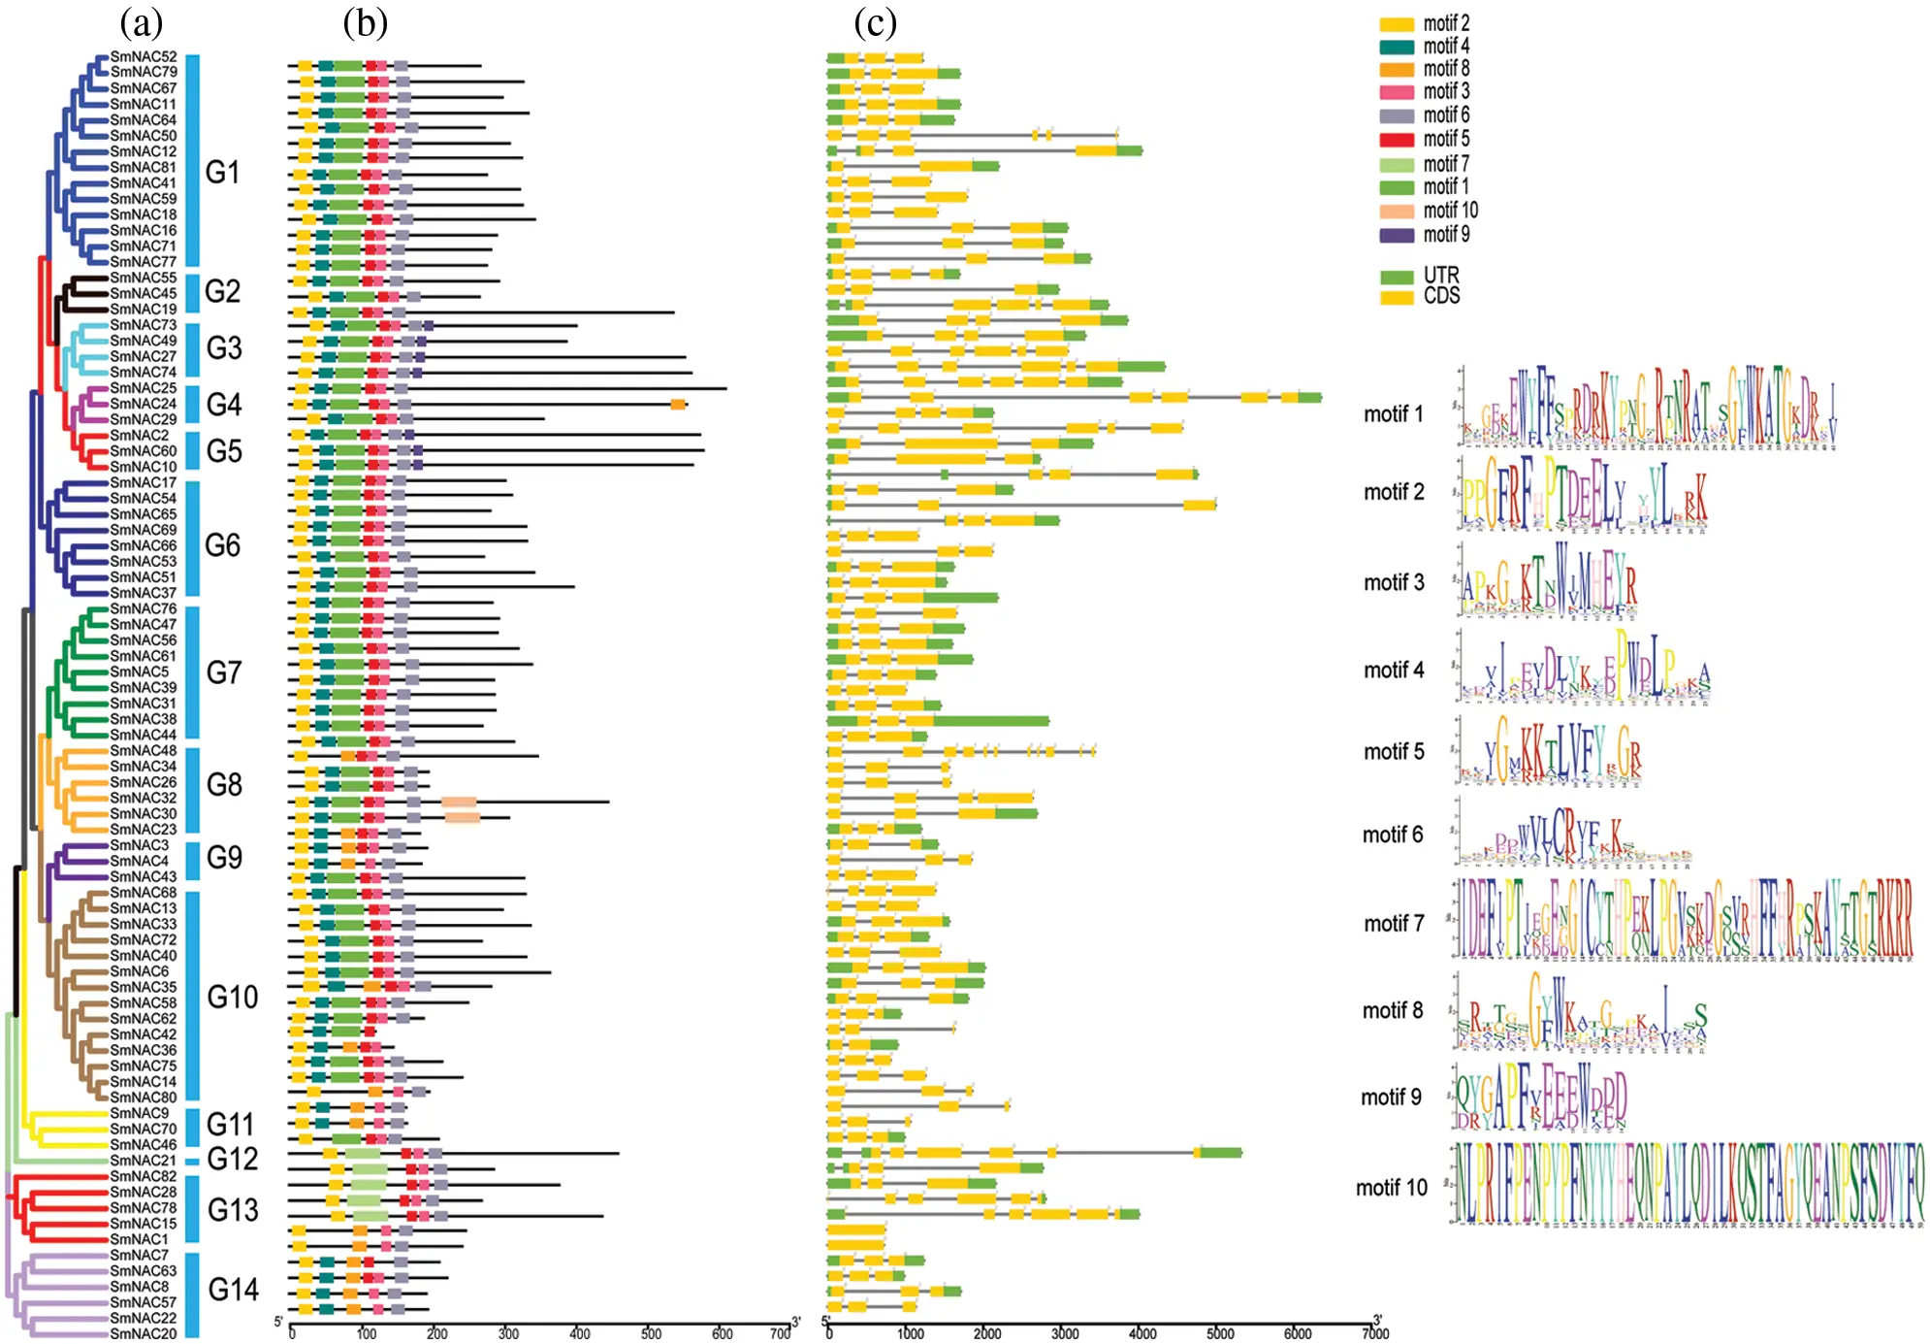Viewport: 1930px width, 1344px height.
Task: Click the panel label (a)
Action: click(141, 21)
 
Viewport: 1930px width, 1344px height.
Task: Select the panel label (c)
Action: click(875, 21)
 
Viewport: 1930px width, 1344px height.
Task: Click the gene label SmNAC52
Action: click(144, 56)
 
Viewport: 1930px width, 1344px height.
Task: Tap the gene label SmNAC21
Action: click(144, 1160)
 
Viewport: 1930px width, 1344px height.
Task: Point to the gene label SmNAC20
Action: click(144, 1333)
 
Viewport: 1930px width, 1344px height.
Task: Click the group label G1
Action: click(222, 172)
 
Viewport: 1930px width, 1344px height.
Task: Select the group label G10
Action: click(233, 997)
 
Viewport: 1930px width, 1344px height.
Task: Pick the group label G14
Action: click(233, 1289)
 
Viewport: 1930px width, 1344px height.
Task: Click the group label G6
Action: click(222, 544)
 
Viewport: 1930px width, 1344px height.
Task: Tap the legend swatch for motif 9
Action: click(1397, 235)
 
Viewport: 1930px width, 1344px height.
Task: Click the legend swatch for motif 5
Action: click(1397, 140)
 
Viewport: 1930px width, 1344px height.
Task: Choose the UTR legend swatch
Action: click(1397, 278)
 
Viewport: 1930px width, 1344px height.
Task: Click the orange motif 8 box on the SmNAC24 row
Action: click(678, 404)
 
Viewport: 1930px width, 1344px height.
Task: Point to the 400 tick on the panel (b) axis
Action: click(579, 1331)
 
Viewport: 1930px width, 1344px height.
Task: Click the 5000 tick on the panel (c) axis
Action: click(1220, 1331)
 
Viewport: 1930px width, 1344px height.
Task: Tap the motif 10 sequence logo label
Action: click(1391, 1187)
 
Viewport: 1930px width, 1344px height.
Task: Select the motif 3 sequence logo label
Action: click(1394, 582)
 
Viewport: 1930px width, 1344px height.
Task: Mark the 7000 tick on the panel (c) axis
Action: click(1375, 1331)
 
